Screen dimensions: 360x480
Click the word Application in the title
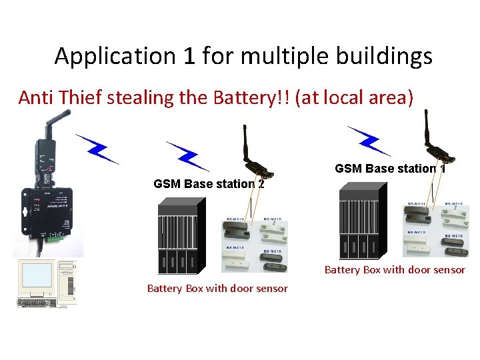pos(115,57)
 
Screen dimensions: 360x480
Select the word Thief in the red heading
pos(81,98)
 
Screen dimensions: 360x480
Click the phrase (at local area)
pos(357,98)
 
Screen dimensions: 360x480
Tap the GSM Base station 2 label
pos(208,184)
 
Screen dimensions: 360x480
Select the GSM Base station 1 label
pos(389,169)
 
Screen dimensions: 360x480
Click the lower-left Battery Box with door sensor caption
pos(217,288)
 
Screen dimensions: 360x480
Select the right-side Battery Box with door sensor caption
pos(395,270)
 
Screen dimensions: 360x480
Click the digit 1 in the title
pos(190,57)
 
